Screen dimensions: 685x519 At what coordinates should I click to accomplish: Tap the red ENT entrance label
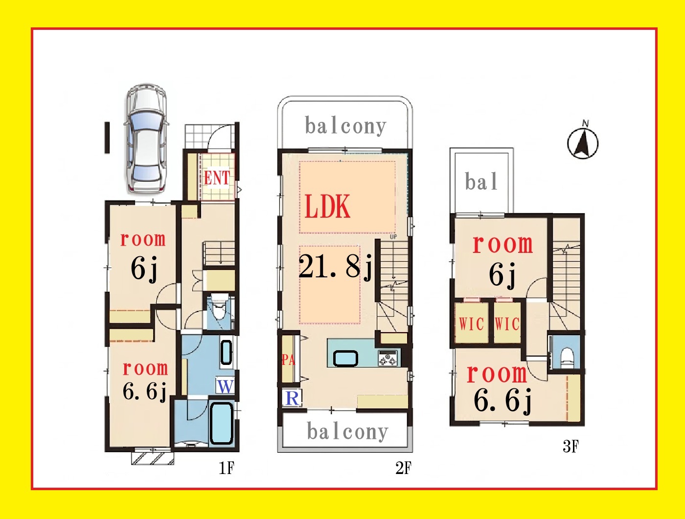coord(217,178)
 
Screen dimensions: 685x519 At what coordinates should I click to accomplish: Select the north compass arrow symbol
coord(583,142)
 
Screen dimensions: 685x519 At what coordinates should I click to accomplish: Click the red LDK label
coord(327,206)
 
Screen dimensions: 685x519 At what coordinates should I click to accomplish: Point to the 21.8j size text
coord(336,267)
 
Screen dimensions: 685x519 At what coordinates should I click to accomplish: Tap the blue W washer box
coord(225,386)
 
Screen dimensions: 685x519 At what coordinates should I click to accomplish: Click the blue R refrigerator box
coord(292,398)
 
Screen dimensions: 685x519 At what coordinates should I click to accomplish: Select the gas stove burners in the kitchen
coord(388,358)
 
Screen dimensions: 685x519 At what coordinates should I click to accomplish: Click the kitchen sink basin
coord(345,358)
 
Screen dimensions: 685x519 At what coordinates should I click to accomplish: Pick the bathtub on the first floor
coord(222,423)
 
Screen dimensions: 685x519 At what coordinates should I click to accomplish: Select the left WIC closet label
coord(471,324)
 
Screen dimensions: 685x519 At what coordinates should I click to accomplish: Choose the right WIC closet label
coord(507,324)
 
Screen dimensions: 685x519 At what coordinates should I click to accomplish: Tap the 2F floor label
coord(403,468)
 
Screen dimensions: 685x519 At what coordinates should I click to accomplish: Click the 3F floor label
coord(571,446)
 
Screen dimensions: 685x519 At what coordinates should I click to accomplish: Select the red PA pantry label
coord(288,360)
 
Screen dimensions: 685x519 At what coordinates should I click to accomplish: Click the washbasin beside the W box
coord(226,353)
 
